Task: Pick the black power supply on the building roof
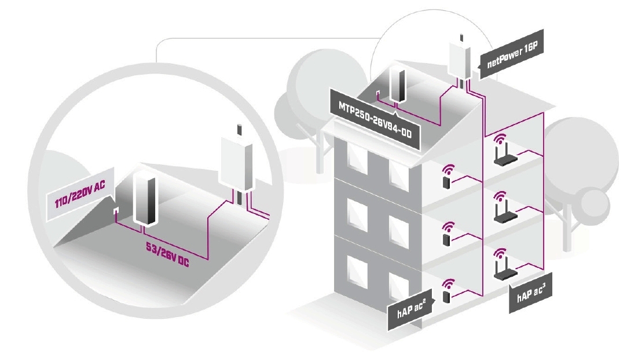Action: tap(398, 86)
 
